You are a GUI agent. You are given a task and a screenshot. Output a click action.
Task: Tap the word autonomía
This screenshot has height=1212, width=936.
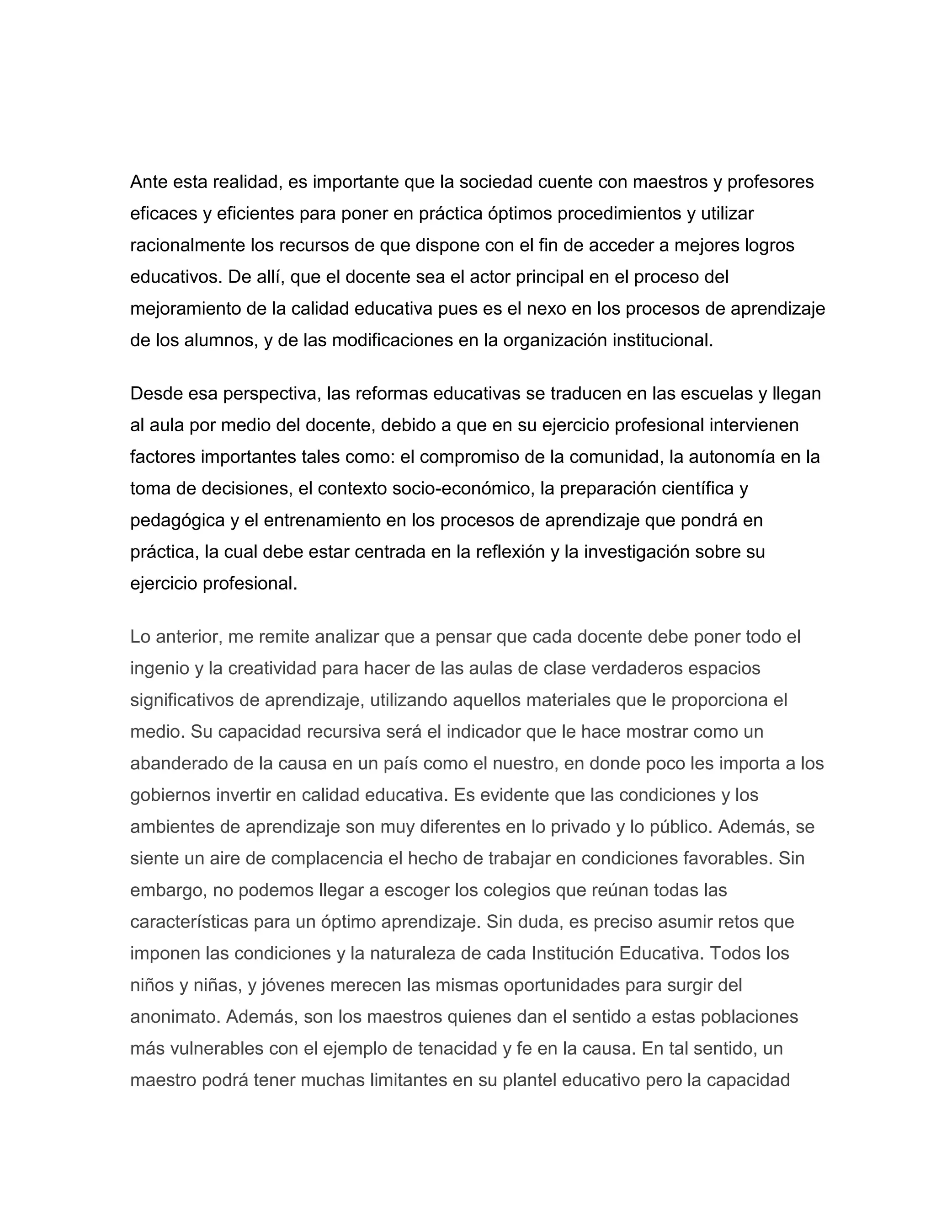click(x=733, y=457)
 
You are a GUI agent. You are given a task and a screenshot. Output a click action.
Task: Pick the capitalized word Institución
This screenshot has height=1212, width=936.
click(x=572, y=954)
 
